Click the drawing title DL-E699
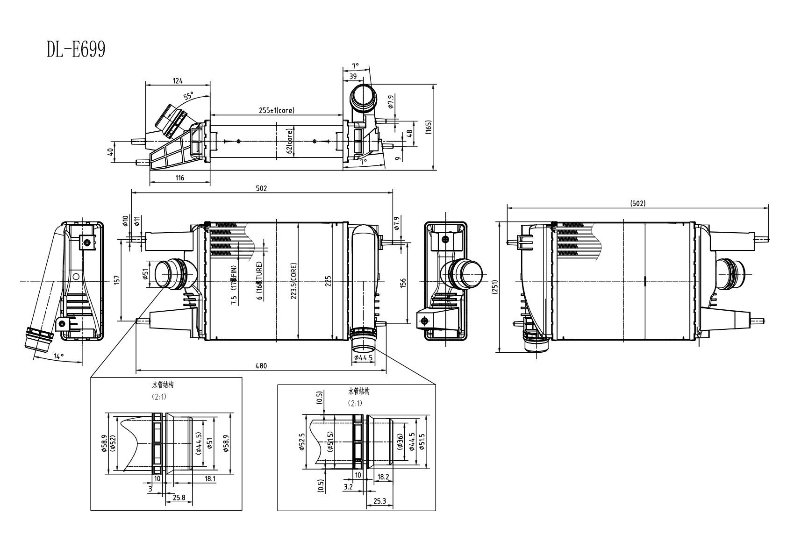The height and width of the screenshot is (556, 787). tap(76, 49)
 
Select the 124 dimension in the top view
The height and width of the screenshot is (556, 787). tap(178, 81)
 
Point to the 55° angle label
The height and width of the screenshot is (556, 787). tap(188, 96)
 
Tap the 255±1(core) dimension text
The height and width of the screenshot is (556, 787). tap(277, 111)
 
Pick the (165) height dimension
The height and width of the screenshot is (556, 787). tap(429, 127)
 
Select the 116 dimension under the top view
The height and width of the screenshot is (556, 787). tap(179, 178)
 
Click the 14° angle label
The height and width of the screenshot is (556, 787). tap(59, 356)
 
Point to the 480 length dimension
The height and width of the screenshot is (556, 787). tap(261, 366)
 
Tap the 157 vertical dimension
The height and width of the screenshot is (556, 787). tap(117, 279)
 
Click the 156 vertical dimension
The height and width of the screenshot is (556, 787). tap(403, 282)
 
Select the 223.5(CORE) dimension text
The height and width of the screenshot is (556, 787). tap(293, 280)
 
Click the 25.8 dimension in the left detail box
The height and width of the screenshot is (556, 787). tap(179, 498)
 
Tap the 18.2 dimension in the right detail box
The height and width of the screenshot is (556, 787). tap(383, 477)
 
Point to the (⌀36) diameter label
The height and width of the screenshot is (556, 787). tap(400, 442)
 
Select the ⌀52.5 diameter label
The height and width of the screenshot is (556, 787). tap(302, 442)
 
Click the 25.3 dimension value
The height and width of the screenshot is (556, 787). tap(379, 501)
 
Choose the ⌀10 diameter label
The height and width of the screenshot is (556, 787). tap(125, 221)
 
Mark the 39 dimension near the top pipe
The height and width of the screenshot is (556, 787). tap(353, 76)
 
